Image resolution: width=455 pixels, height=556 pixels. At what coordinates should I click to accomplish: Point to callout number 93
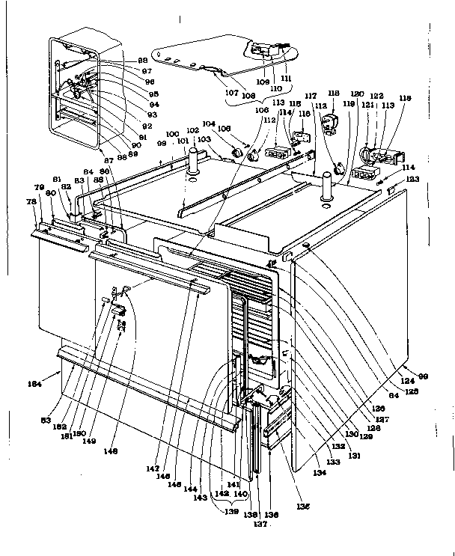pos(152,114)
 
